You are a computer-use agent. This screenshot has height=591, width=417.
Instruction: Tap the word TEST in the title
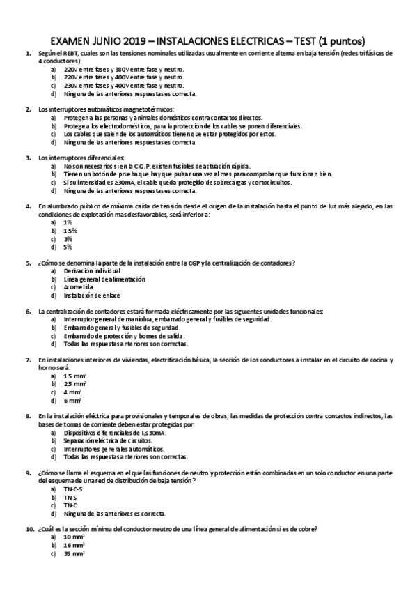[x=297, y=41]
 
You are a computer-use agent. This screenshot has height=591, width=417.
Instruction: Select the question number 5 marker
[x=28, y=263]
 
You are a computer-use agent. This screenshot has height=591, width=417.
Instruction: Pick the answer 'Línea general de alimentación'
[x=104, y=279]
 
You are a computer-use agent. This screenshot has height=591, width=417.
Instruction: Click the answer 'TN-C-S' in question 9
[x=73, y=489]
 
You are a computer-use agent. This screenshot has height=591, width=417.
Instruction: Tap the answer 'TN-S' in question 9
[x=70, y=497]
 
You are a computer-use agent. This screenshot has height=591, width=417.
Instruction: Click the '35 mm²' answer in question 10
[x=74, y=554]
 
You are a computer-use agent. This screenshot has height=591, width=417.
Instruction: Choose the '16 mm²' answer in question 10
[x=74, y=546]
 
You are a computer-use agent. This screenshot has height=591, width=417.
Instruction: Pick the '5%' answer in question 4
[x=68, y=247]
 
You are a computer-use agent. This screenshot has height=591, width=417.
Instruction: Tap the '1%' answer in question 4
[x=68, y=222]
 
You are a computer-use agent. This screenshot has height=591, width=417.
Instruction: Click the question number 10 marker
[x=29, y=530]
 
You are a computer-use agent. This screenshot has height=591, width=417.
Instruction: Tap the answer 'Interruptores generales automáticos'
[x=111, y=450]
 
